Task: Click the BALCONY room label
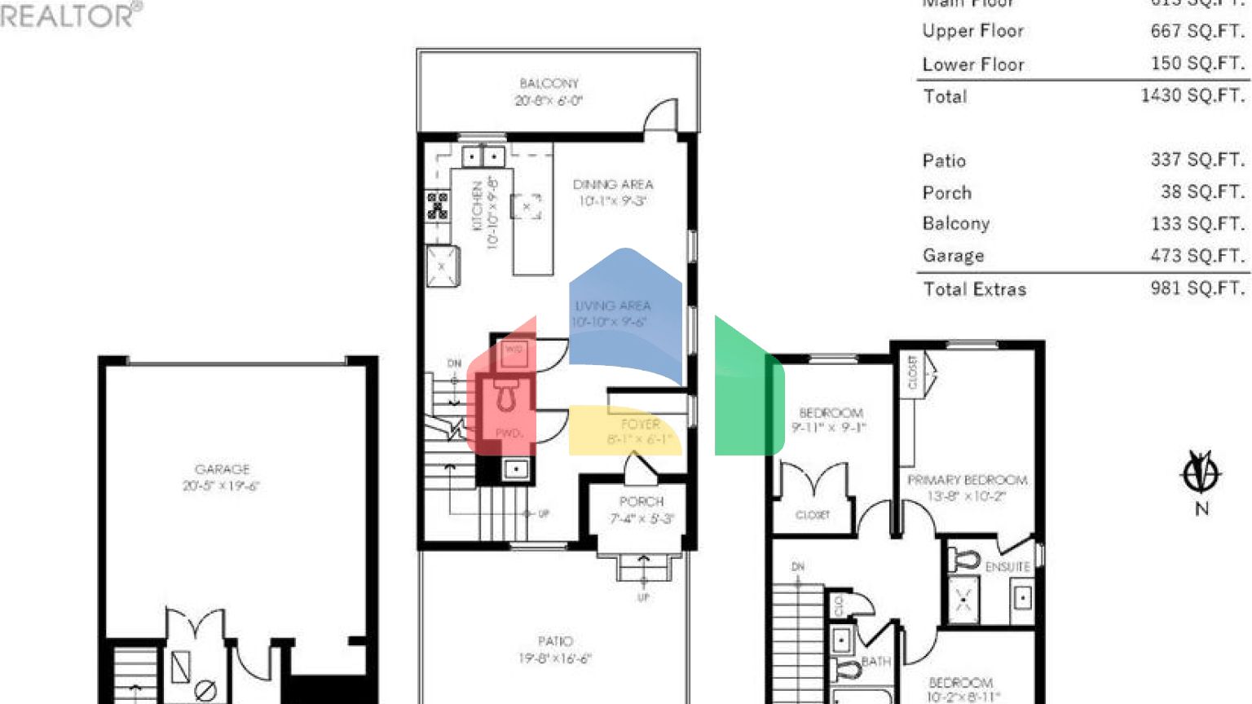(x=549, y=84)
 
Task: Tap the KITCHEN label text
(x=478, y=207)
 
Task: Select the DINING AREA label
(x=612, y=185)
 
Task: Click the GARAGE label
(x=222, y=469)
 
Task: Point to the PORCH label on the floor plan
(x=641, y=502)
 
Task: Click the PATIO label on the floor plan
(x=555, y=641)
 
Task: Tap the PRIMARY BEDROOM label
(x=967, y=480)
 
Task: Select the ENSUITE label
(x=1007, y=566)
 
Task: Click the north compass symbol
(x=1201, y=473)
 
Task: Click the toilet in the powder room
(x=507, y=395)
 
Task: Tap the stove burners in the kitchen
(x=438, y=205)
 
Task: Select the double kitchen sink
(x=483, y=156)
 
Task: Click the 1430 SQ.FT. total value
(x=1192, y=95)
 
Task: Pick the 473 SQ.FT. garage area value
(x=1197, y=256)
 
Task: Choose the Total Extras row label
(x=974, y=289)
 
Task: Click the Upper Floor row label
(x=972, y=31)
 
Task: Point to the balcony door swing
(x=661, y=115)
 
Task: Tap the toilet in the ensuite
(x=967, y=561)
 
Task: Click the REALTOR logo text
(x=69, y=15)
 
